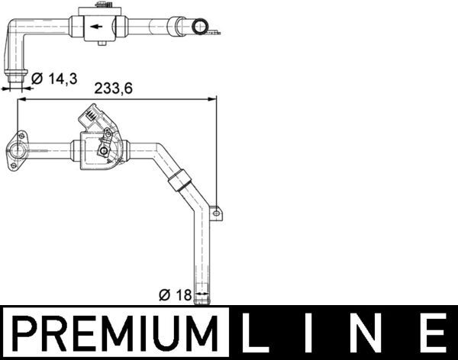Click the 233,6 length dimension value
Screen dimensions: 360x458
pos(113,88)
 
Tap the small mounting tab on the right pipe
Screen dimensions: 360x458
pos(216,211)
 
